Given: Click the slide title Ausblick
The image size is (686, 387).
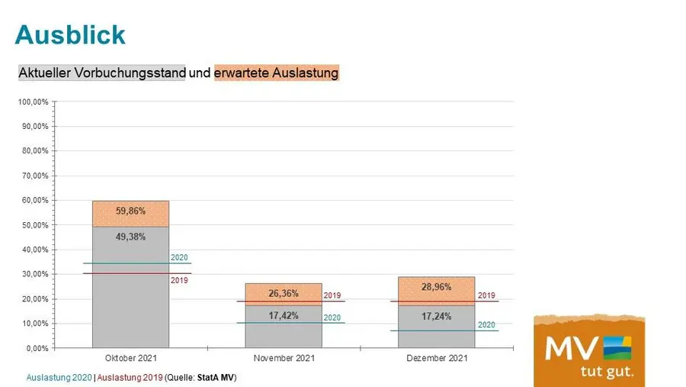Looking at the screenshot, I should (x=70, y=34).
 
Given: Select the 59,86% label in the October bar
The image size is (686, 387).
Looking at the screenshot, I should (x=130, y=211).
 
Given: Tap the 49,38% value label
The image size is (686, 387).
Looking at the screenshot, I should (x=130, y=237).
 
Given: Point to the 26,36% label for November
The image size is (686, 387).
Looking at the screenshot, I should (x=284, y=293).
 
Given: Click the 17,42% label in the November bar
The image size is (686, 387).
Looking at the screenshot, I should (x=284, y=314).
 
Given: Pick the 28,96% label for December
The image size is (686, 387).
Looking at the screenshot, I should (x=436, y=288).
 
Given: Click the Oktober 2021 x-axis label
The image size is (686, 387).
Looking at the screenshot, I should (x=130, y=358).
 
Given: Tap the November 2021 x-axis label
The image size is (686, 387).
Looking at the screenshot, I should (x=284, y=358).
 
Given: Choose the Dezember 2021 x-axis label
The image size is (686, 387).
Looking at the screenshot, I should (x=436, y=358).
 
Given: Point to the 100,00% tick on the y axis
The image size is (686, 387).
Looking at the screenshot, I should (x=34, y=102).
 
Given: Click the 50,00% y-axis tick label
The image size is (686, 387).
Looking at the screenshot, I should (x=35, y=225).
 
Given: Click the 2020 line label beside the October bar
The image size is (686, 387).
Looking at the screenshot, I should (x=179, y=257).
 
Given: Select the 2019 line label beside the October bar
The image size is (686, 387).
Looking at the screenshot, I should (x=179, y=280).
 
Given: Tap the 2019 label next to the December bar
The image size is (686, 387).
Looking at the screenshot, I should (x=486, y=295).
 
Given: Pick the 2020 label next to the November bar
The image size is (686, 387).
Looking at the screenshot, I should (x=332, y=318).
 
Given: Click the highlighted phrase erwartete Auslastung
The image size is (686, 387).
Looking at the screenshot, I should (x=276, y=73).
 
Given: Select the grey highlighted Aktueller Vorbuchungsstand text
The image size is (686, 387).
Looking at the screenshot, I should (x=101, y=73).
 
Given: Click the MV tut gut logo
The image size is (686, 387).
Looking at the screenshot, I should (x=588, y=350).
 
